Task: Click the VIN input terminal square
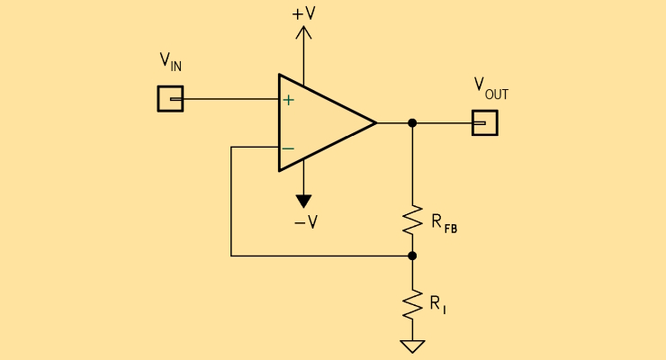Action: click(170, 99)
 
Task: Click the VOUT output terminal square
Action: click(484, 122)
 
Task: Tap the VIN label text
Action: click(170, 62)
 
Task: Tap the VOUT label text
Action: click(490, 87)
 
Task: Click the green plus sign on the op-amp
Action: click(288, 99)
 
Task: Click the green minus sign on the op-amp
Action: click(288, 148)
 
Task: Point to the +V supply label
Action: click(304, 13)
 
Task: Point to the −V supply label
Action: click(305, 221)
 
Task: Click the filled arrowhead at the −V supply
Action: click(303, 201)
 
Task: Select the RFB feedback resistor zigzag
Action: click(412, 220)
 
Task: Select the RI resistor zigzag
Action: click(412, 303)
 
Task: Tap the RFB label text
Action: click(444, 222)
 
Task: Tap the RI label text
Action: click(437, 305)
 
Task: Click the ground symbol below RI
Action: click(412, 346)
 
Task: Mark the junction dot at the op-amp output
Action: click(412, 122)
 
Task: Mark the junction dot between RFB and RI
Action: click(412, 256)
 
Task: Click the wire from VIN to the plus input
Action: click(230, 99)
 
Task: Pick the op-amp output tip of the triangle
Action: click(373, 122)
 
